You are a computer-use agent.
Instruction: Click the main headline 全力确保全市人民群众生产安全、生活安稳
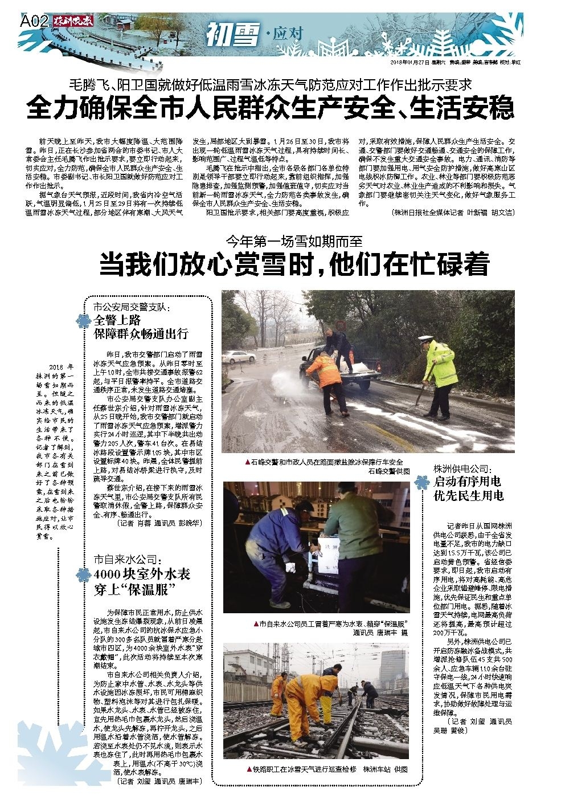pos(270,108)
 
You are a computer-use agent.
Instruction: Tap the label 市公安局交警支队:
pos(132,307)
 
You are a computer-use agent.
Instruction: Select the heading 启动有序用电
pos(468,482)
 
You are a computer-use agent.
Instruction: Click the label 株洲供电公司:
pos(462,468)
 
